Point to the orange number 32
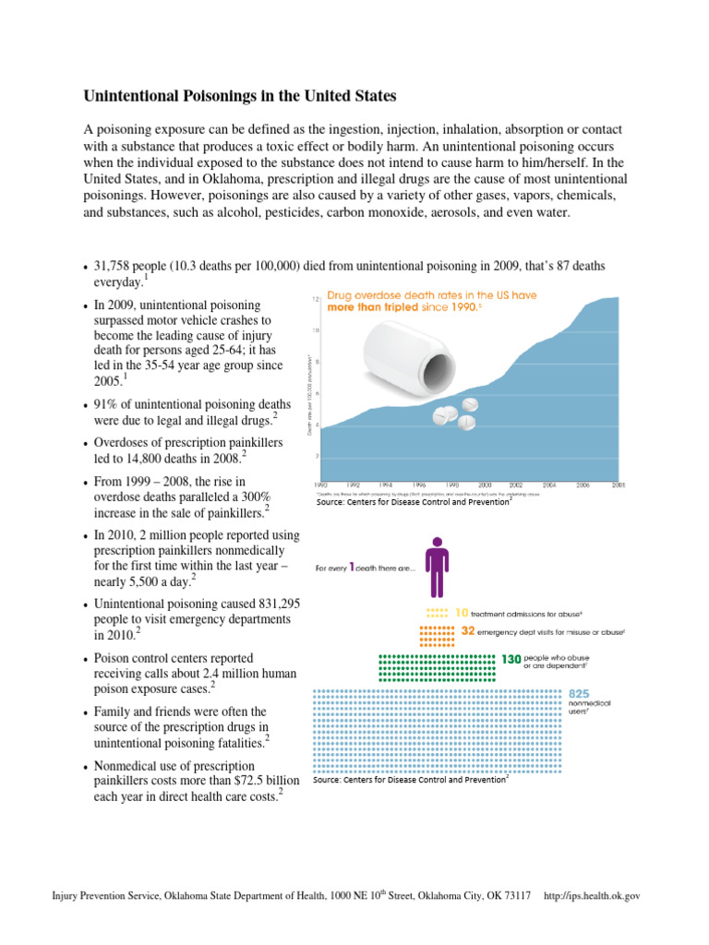coord(468,631)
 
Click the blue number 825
coord(581,693)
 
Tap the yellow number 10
coord(463,612)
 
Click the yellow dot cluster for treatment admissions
coord(439,612)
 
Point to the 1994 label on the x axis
coord(385,484)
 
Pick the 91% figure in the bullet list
coord(108,404)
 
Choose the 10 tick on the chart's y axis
coord(317,330)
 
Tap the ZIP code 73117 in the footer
coord(512,896)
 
